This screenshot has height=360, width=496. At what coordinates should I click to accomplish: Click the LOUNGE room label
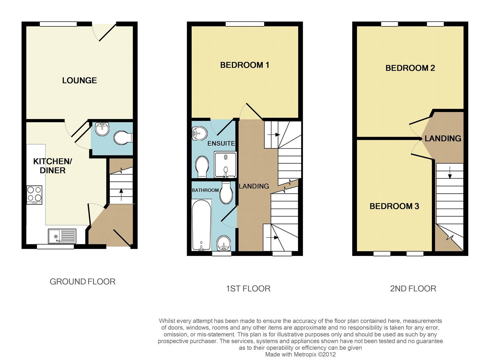click(79, 80)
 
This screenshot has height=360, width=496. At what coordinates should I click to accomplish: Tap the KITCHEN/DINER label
click(52, 166)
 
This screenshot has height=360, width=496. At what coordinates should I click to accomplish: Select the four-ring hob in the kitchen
click(35, 195)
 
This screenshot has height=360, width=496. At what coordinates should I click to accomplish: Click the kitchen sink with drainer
click(62, 236)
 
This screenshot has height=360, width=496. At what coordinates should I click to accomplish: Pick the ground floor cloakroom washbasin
click(102, 129)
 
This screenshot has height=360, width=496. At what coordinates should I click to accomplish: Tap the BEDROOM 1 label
click(244, 65)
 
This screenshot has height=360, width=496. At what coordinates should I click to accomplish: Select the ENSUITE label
click(221, 143)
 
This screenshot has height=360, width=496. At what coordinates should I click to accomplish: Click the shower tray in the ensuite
click(225, 165)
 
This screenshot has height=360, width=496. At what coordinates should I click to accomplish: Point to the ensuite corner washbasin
click(199, 134)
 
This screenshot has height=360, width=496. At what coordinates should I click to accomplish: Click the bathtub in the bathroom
click(201, 225)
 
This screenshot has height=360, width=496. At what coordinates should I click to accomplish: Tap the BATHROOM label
click(205, 190)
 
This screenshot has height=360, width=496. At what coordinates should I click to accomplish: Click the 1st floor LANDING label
click(254, 186)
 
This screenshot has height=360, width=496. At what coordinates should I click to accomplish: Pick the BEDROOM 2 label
click(410, 68)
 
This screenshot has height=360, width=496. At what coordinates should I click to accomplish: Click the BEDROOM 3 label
click(394, 206)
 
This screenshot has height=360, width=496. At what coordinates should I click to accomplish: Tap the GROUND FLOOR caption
click(82, 282)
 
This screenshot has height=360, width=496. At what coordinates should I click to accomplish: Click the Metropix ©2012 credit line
click(300, 354)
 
